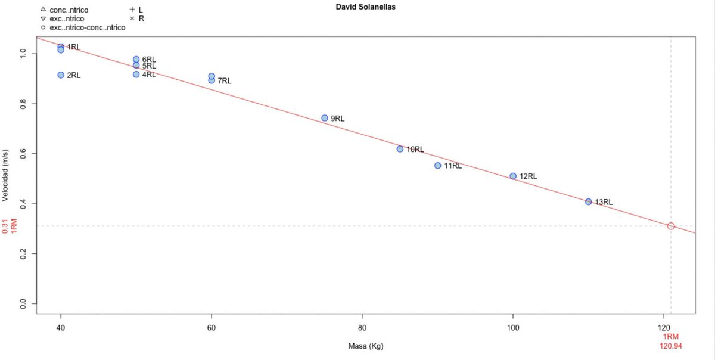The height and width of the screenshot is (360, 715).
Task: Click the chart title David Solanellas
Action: [x=365, y=7]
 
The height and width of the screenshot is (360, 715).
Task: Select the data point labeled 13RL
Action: [x=588, y=201]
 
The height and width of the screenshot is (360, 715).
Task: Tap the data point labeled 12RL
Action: [x=513, y=176]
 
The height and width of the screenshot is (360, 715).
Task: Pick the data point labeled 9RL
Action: [x=325, y=118]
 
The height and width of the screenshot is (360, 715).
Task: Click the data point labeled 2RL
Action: [x=61, y=75]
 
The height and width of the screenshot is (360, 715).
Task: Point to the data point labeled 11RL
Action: [x=437, y=166]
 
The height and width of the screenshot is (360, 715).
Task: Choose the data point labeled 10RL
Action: [x=400, y=149]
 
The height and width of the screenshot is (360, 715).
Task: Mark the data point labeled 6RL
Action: [x=136, y=59]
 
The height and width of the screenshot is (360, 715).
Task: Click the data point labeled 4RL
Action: [x=136, y=74]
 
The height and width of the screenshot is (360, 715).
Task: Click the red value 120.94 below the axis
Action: [x=671, y=346]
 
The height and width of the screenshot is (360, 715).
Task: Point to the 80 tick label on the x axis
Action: [x=362, y=328]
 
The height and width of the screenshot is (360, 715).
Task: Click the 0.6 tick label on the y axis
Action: [x=23, y=154]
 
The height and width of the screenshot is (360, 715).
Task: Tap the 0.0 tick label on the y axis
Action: [x=23, y=303]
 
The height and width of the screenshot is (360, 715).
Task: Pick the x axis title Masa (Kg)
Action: [x=365, y=346]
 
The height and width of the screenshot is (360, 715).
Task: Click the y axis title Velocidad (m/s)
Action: [x=5, y=176]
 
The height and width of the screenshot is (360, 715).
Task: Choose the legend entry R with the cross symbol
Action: [x=137, y=19]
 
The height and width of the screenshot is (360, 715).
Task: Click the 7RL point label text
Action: [x=225, y=81]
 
